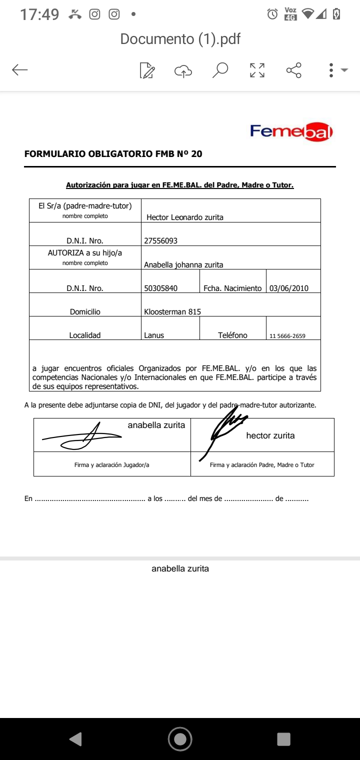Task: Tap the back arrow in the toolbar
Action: pos(20,70)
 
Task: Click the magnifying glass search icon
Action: pos(220,70)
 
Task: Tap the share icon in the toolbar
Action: pos(294,70)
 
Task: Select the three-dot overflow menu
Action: pos(331,70)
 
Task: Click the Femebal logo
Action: pos(291,132)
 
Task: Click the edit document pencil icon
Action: pos(147,70)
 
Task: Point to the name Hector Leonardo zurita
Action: pos(185,217)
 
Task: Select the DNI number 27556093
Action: pos(161,241)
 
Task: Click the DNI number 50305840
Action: pos(161,288)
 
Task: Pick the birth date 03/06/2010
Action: pos(289,288)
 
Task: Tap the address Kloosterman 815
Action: pos(172,312)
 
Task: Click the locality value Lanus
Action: pos(154,335)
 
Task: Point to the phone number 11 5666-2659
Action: pos(287,336)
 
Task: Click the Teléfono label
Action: pos(232,335)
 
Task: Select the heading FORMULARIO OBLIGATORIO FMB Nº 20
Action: pos(113,154)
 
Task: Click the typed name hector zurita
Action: pos(270,435)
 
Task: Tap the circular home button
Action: pos(180,738)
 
